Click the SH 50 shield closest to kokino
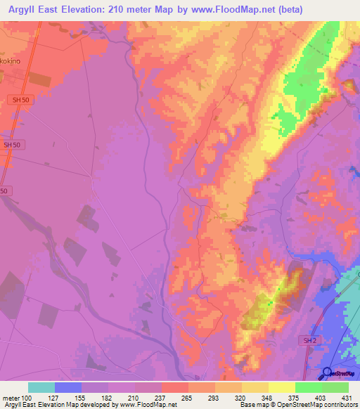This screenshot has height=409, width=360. tap(21, 100)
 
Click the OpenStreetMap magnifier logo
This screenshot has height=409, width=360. tap(328, 372)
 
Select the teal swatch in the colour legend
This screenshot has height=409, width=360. tap(41, 387)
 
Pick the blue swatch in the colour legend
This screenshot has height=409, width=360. tap(68, 387)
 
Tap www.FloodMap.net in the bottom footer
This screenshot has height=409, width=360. tap(147, 405)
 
